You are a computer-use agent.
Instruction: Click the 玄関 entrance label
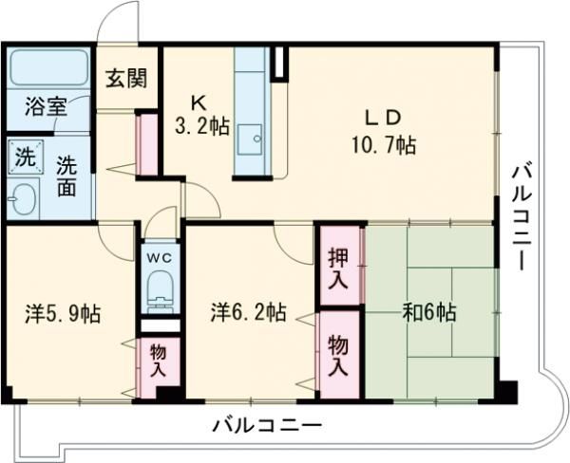(126, 79)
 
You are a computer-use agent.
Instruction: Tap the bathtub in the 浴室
(48, 67)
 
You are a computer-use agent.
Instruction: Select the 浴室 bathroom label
(46, 107)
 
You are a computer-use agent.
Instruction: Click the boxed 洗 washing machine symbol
(26, 157)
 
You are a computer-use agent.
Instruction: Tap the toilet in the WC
(160, 291)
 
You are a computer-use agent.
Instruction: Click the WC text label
(159, 257)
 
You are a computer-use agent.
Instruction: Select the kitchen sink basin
(250, 139)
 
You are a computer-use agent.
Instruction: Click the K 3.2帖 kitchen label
(202, 116)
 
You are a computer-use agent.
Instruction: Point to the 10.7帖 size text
(384, 145)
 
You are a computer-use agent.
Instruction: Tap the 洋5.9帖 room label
(63, 314)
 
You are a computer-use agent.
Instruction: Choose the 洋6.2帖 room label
(248, 312)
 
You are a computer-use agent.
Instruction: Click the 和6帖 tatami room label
(429, 312)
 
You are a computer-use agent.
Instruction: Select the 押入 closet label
(338, 269)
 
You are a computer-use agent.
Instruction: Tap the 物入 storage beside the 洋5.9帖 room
(159, 361)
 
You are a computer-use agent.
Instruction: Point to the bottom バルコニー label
(267, 426)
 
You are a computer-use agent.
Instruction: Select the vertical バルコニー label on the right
(522, 216)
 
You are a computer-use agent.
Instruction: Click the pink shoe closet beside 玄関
(146, 144)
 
